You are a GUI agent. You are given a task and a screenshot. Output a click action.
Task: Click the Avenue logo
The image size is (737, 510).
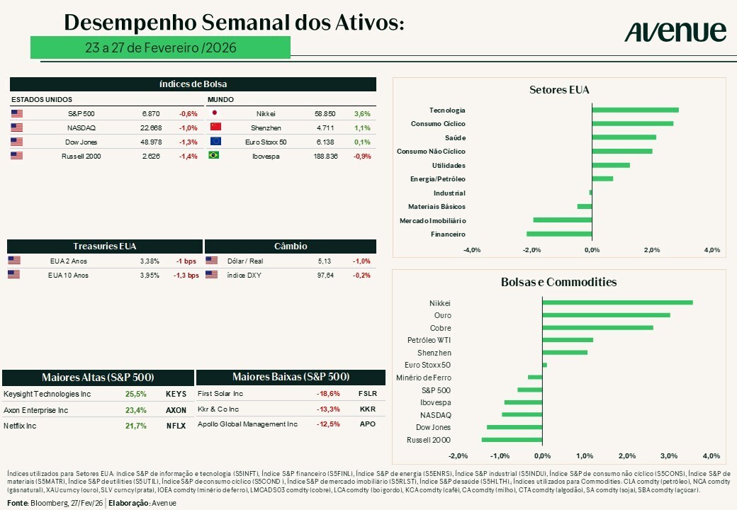(675, 32)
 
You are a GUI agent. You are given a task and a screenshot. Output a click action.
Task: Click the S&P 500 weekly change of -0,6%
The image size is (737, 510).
(189, 113)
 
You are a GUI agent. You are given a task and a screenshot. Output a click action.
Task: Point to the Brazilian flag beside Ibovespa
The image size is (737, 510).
(215, 156)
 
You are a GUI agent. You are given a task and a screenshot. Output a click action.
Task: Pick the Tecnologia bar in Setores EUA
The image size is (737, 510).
(635, 110)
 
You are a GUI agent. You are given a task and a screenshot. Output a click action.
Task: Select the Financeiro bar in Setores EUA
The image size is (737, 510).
(559, 234)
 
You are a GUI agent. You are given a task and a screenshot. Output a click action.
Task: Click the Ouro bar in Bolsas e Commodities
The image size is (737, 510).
(606, 315)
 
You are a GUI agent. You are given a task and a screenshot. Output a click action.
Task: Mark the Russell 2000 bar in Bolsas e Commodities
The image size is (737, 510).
(512, 440)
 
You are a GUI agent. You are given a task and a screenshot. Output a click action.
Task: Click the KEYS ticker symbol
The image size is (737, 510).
(176, 394)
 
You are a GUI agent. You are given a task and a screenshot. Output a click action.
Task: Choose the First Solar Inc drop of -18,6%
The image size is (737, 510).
(328, 394)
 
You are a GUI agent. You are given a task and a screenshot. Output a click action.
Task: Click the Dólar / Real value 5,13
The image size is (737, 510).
(325, 261)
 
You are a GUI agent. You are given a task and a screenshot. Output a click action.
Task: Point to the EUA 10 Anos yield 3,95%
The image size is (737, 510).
(150, 275)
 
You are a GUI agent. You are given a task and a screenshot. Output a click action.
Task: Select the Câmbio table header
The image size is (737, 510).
(291, 246)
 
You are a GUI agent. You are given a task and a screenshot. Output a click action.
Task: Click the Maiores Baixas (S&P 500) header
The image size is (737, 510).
(291, 377)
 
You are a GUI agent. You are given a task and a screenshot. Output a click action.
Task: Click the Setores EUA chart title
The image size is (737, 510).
(559, 90)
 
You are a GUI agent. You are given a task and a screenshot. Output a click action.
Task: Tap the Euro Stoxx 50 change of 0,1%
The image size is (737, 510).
(361, 142)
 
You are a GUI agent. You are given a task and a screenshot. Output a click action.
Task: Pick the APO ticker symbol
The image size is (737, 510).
(368, 424)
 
